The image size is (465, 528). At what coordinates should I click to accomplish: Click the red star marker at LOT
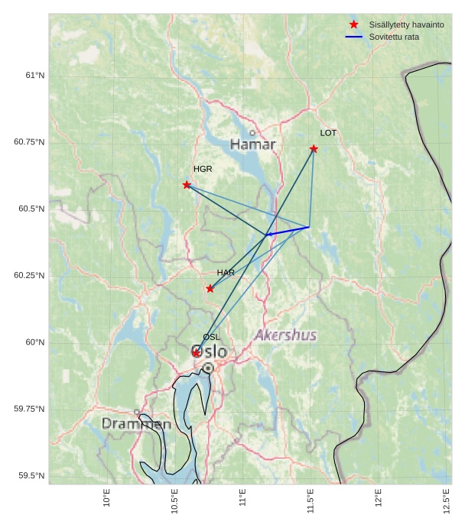coord(314,149)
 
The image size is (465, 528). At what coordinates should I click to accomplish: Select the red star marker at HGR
coord(187,185)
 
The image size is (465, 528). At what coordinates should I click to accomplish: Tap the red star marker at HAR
coord(210,289)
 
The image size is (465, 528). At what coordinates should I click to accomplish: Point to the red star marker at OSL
coord(197,353)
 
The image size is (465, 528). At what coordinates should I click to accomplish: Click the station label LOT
coord(328,133)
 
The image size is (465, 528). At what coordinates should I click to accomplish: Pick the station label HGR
coord(203,169)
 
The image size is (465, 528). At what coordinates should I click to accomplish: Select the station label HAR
coord(226,273)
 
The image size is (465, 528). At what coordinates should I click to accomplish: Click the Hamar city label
coord(252,144)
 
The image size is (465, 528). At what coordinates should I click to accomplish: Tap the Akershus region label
coord(285,335)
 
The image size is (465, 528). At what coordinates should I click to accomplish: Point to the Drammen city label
coord(136,423)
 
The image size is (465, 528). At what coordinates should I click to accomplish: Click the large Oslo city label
coord(209,351)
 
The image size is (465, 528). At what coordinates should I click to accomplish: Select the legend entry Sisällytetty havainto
coord(406,24)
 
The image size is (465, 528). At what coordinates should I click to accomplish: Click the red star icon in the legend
coord(353,24)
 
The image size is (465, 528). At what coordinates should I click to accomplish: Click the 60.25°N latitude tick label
coord(29,275)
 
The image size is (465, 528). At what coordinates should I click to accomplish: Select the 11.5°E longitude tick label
coord(311,501)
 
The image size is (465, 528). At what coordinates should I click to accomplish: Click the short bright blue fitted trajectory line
coord(288,231)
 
